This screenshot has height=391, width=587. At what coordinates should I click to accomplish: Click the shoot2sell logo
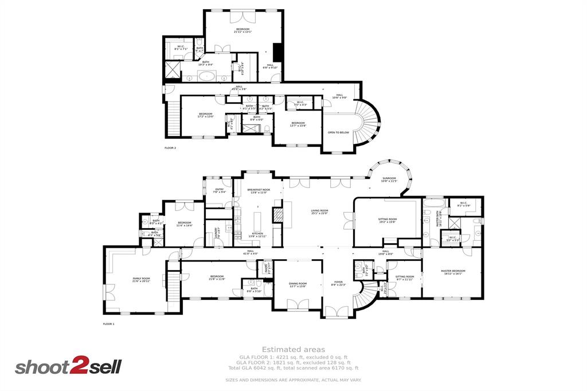pyautogui.click(x=68, y=367)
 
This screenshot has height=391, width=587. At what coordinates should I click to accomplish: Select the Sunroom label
pyautogui.click(x=389, y=179)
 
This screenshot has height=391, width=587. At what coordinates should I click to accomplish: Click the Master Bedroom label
pyautogui.click(x=453, y=272)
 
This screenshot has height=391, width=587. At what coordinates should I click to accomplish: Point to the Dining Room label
pyautogui.click(x=298, y=284)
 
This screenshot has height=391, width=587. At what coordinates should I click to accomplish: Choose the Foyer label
pyautogui.click(x=338, y=283)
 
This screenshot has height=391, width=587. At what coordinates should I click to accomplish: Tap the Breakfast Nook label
pyautogui.click(x=259, y=190)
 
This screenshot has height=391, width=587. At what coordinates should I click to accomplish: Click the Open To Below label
pyautogui.click(x=338, y=132)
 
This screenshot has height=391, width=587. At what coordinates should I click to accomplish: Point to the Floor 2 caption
pyautogui.click(x=170, y=148)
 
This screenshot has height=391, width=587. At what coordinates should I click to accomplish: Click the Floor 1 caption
pyautogui.click(x=108, y=324)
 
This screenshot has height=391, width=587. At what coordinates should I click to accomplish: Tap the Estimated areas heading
pyautogui.click(x=293, y=349)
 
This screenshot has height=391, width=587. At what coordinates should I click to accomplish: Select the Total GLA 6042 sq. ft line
pyautogui.click(x=293, y=368)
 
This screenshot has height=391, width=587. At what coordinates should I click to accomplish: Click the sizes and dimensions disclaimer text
pyautogui.click(x=293, y=380)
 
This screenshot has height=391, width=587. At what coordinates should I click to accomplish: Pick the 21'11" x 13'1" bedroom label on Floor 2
pyautogui.click(x=242, y=30)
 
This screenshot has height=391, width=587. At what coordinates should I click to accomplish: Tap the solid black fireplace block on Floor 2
pyautogui.click(x=278, y=52)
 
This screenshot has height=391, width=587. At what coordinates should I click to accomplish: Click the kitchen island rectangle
pyautogui.click(x=257, y=220)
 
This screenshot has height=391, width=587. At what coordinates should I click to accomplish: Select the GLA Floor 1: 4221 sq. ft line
pyautogui.click(x=293, y=357)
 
